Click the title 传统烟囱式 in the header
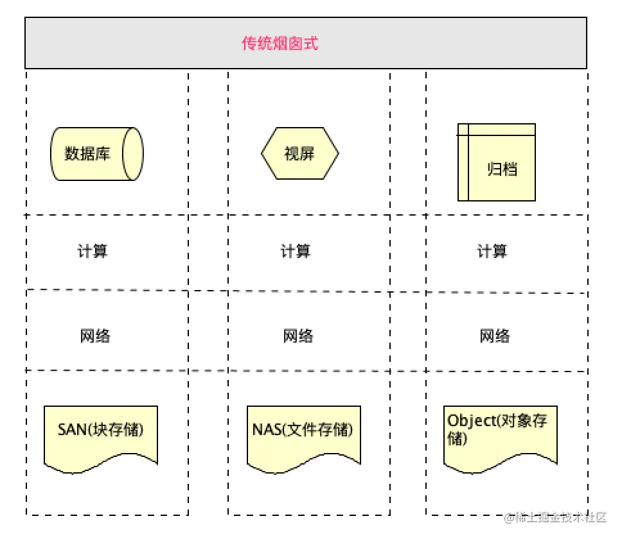280,44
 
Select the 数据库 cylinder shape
96,154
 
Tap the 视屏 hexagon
299,154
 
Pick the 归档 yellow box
497,162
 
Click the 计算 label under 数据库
93,251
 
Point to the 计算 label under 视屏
296,251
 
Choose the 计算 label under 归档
492,251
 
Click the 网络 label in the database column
95,336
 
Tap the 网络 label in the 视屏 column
298,336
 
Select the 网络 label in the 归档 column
495,336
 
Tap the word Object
468,421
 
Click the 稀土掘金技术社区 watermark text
559,518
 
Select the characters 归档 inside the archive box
502,169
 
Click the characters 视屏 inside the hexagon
299,154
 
